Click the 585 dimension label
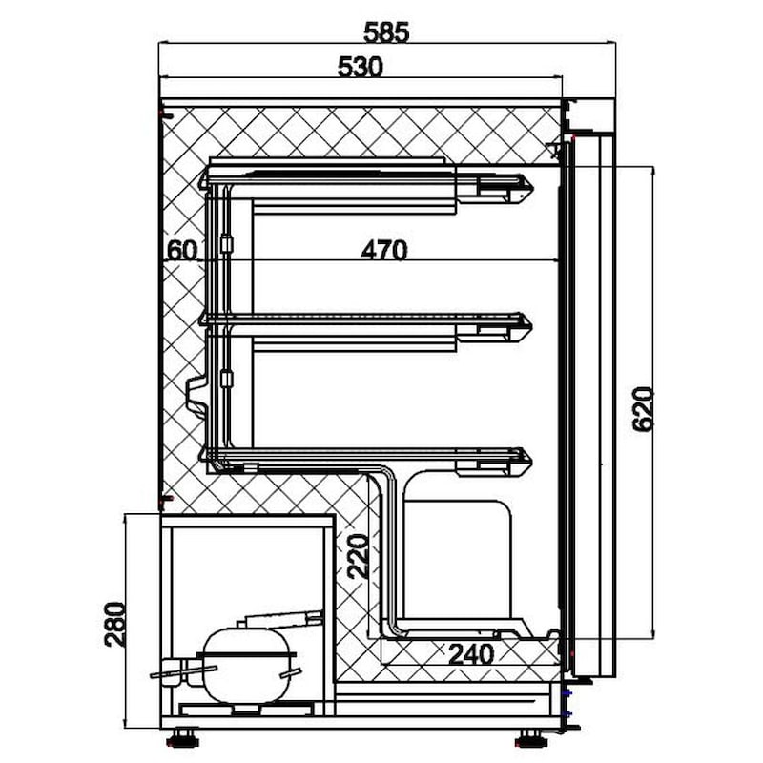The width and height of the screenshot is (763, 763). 386,32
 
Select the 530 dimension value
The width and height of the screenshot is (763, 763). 361,67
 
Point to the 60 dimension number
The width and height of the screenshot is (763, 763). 182,251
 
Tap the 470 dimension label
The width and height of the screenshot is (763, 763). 384,250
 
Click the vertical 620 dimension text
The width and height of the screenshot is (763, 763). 642,409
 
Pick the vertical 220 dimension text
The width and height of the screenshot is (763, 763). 358,556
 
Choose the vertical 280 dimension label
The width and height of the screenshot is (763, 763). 115,625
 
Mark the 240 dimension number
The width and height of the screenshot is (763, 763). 471,654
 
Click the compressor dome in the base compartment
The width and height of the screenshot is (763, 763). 247,666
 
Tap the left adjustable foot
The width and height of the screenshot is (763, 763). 182,737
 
